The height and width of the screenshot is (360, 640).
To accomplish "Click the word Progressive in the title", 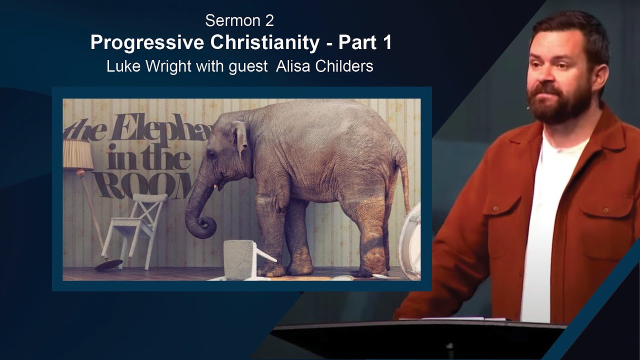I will click(147, 43).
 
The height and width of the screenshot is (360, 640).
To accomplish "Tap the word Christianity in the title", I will click(264, 43).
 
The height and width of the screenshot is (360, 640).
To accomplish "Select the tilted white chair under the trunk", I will click(137, 225).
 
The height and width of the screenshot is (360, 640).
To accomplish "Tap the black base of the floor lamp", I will click(108, 264).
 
